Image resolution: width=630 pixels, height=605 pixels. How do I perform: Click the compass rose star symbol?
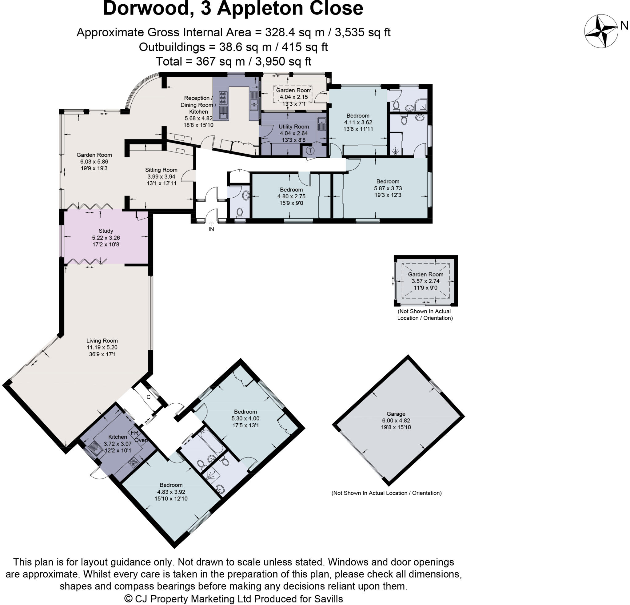pos(601,31)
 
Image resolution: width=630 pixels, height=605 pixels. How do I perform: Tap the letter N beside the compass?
pos(624,26)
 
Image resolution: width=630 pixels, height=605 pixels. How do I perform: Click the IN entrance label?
pos(211,229)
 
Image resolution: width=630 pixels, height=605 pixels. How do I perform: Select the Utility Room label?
pos(293,127)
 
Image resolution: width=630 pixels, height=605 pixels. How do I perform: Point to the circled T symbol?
pos(310,150)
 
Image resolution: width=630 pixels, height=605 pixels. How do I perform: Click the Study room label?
pos(106,231)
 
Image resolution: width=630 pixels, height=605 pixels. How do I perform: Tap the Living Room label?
pos(102,341)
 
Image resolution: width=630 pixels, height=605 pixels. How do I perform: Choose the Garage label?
pos(396,414)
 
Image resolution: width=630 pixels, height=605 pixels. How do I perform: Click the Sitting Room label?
pos(161,170)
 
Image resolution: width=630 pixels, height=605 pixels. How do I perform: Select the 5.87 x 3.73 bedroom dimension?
pos(388,188)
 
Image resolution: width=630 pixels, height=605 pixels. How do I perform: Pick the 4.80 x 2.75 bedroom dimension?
pos(291,196)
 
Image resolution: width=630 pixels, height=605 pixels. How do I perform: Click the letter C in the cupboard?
pos(149,397)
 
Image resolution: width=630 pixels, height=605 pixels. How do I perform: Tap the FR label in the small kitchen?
pos(134,433)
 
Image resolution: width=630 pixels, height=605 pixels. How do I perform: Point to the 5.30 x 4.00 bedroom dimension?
pos(245,418)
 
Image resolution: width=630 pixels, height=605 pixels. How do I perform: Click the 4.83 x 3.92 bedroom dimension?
pos(171,492)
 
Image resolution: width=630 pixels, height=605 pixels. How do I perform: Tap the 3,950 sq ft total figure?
pos(283,62)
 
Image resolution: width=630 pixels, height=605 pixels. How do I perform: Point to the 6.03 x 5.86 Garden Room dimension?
pos(94,162)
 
